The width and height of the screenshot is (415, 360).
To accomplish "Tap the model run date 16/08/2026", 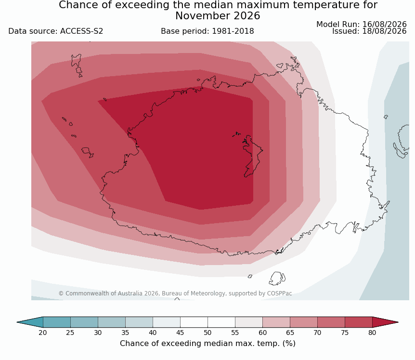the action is (x=384, y=25).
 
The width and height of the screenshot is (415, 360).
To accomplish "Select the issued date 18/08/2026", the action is (x=384, y=31).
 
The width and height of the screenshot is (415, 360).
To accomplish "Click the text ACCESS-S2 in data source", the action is (x=81, y=31).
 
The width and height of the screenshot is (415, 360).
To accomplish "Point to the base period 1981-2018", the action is (x=233, y=31).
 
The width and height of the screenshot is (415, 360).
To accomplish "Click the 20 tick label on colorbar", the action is (x=43, y=333).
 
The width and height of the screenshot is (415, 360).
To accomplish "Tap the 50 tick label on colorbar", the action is (x=207, y=333).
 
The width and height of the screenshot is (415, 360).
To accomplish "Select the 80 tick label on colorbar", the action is (x=372, y=333).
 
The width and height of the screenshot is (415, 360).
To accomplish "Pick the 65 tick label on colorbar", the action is (x=290, y=333).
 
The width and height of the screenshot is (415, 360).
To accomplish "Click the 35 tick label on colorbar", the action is (x=125, y=333).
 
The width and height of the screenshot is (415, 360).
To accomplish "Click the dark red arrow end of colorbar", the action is (x=385, y=322).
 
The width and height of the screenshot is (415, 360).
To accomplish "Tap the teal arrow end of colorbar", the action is (x=30, y=322).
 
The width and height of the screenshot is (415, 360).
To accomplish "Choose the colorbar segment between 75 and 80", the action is (x=359, y=322).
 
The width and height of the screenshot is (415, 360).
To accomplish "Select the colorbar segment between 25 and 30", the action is (x=84, y=322).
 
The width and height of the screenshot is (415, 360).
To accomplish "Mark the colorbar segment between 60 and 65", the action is (x=276, y=322).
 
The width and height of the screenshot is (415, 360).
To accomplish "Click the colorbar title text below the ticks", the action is (x=207, y=344).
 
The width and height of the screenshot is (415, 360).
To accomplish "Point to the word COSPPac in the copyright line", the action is (x=279, y=293).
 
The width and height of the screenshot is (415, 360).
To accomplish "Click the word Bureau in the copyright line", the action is (x=171, y=293).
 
